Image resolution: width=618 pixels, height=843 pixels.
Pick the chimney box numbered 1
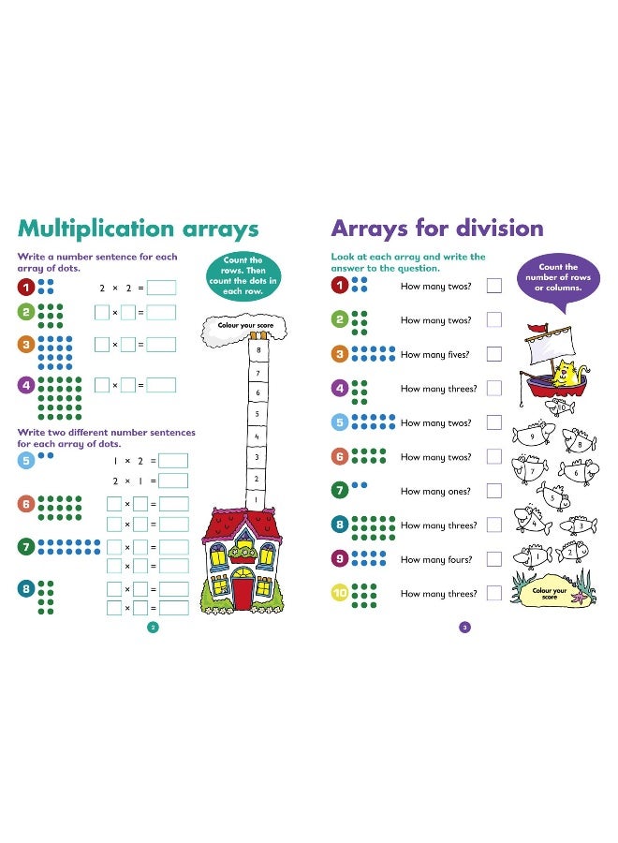coord(257,500)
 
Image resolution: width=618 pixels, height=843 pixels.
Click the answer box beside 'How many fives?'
coord(493,354)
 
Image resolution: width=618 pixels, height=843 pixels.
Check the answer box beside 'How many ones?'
coord(493,491)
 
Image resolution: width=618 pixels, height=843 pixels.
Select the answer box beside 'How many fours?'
coord(493,559)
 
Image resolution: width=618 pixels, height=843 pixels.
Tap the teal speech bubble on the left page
coord(243,275)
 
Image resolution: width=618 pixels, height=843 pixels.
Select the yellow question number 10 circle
coord(340,593)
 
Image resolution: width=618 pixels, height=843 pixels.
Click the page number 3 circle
coord(464,627)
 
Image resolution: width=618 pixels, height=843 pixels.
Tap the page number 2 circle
coord(154,627)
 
